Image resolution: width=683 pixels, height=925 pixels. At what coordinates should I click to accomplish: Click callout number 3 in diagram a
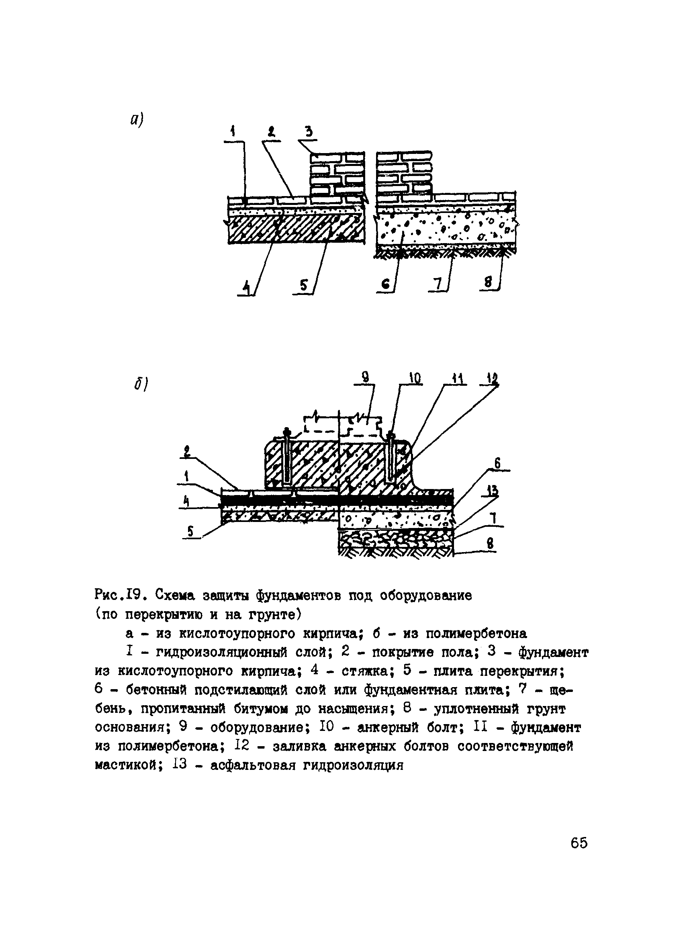coord(309,132)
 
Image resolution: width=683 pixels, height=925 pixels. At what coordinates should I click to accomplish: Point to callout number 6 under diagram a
coord(385,284)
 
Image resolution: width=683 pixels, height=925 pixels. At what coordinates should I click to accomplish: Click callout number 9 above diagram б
coord(365,377)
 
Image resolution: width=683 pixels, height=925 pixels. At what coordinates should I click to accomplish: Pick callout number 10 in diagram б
coord(415,378)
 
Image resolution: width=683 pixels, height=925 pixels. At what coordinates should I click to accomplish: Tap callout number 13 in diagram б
coord(492,492)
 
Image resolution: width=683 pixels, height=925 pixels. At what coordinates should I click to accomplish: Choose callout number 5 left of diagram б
coord(190,531)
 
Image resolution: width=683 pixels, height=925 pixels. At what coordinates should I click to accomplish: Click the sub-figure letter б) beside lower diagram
coord(141,384)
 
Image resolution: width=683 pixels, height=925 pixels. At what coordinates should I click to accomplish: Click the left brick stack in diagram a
coord(337,174)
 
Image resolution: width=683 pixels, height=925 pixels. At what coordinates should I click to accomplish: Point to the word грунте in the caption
coord(275,615)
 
